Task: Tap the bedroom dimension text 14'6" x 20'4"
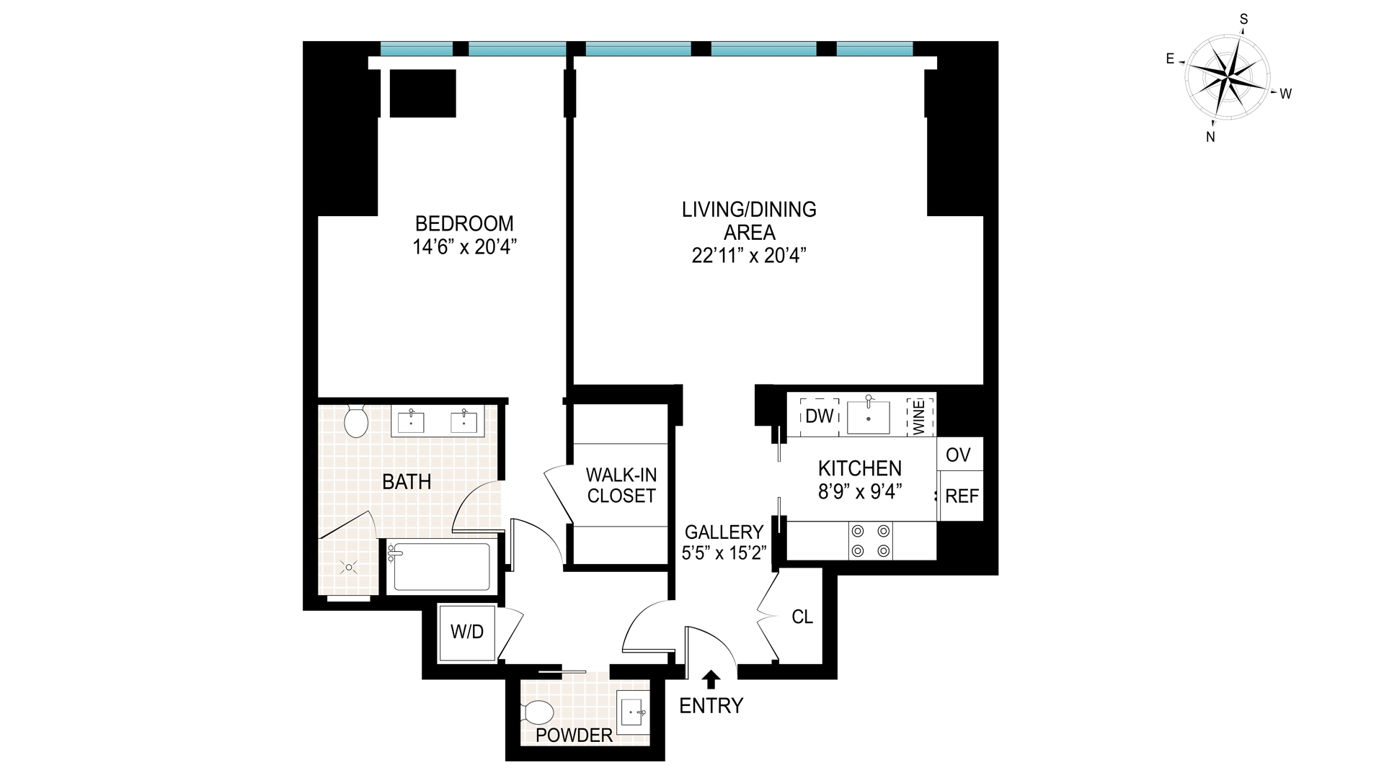coord(465,248)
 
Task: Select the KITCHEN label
coord(860,468)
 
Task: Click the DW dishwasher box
coord(819,416)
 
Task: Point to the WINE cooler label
coord(920,416)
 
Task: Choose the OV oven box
coord(959,455)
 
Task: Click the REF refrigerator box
coord(962,496)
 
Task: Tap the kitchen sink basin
coord(869,417)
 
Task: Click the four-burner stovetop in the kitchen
coord(871,541)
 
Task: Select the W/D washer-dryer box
coord(467,632)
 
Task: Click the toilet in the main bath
coord(356,421)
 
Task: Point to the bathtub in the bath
coord(440,567)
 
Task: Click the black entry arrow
coord(711,679)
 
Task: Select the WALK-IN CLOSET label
coord(621,486)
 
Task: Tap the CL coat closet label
coord(802,617)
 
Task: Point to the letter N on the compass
coord(1211,137)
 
